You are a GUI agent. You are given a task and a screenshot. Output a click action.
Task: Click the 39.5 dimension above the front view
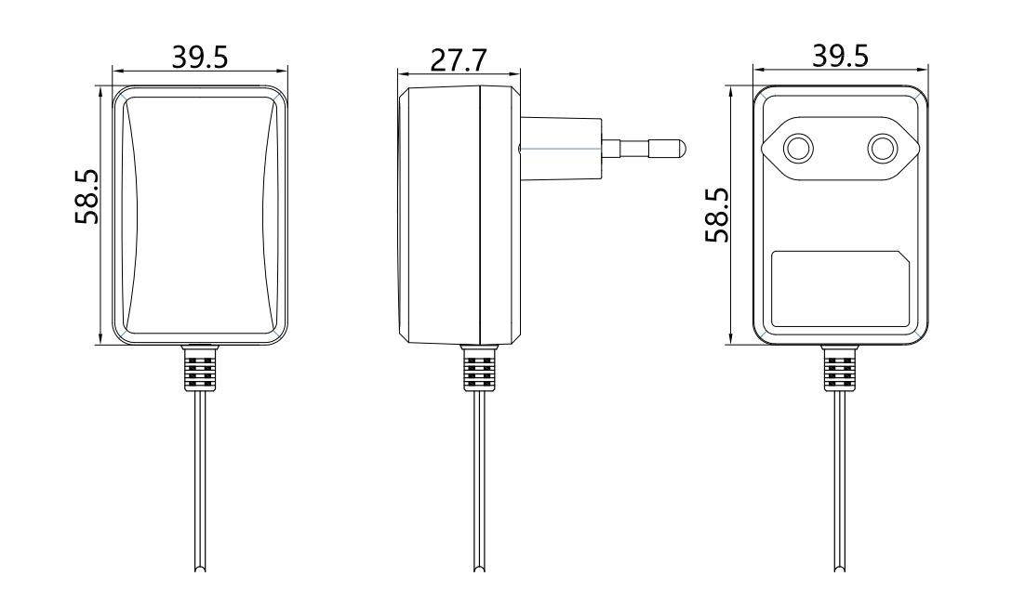point(200,57)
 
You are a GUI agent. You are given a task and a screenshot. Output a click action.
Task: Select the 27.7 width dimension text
point(459,60)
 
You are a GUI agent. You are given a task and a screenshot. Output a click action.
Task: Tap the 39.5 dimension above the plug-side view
point(840,56)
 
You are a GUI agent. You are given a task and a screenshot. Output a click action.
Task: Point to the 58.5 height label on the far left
point(87,197)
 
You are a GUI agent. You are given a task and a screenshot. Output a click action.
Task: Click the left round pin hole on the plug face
point(798,149)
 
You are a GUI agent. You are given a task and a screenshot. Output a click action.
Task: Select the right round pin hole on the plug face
point(883,149)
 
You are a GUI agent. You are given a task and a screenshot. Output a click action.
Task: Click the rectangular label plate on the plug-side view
point(840,289)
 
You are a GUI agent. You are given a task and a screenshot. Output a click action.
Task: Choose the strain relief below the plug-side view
point(840,368)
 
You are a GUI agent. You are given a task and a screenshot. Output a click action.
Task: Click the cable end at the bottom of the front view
point(201,568)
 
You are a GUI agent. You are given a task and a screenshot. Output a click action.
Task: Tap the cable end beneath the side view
point(480,568)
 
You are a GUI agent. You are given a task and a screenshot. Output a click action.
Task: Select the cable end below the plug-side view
point(840,568)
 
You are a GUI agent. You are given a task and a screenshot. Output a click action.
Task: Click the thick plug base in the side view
point(562,149)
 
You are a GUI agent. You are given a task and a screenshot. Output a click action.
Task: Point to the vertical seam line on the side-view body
point(480,216)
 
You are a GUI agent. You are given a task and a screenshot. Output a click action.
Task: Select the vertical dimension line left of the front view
point(101,216)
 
